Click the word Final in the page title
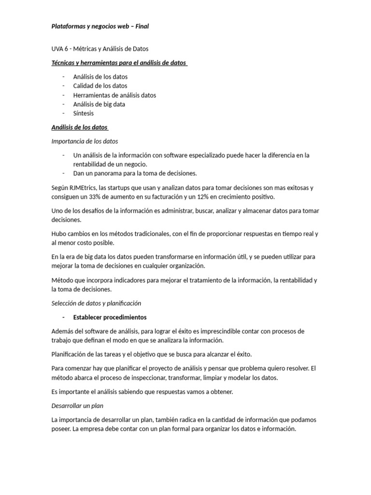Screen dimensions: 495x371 point(142,27)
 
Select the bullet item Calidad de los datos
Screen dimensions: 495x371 point(100,86)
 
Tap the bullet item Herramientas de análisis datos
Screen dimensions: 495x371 point(114,95)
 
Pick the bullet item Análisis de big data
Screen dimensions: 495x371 point(99,104)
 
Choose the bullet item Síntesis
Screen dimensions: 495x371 point(84,114)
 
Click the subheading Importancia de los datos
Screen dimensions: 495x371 point(85,142)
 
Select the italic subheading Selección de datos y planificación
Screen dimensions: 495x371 point(96,304)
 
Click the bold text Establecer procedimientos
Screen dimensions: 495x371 point(110,318)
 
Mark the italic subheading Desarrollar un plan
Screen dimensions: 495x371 point(77,406)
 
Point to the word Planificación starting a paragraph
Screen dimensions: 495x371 point(70,354)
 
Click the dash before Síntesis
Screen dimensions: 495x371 point(63,114)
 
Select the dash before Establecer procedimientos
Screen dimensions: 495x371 point(63,318)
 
